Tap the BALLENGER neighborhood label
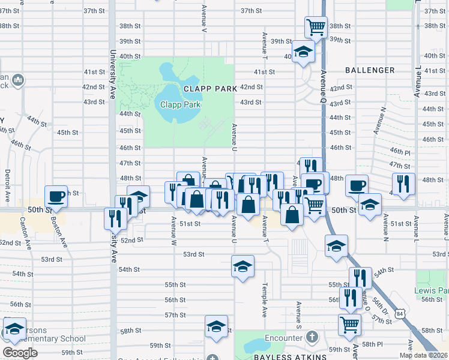(x=370, y=70)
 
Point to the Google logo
(x=20, y=353)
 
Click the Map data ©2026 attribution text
(x=423, y=355)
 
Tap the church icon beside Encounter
(x=311, y=337)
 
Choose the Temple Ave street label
(x=264, y=300)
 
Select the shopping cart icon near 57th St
(x=349, y=325)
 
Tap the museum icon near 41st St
(x=17, y=80)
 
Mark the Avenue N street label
(x=379, y=121)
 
